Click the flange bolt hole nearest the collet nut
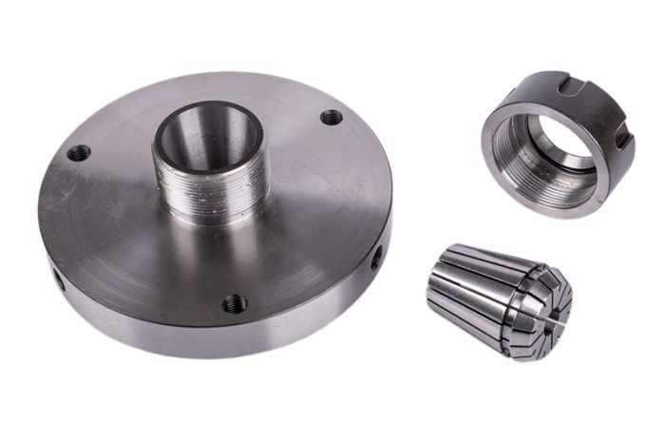click(332, 117)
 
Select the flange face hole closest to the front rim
click(234, 303)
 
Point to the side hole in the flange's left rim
click(56, 279)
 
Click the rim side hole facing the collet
click(377, 255)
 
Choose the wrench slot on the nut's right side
click(623, 143)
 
